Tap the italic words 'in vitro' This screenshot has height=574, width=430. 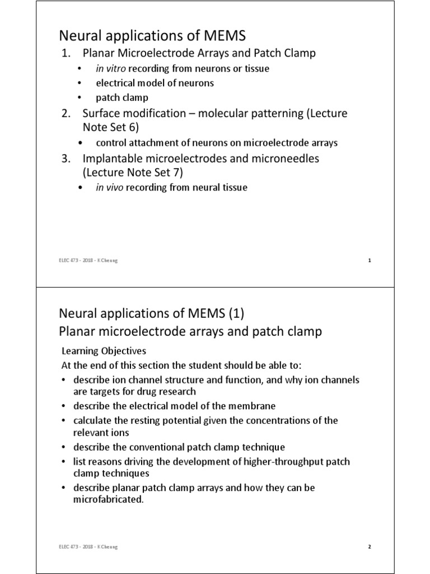[110, 68]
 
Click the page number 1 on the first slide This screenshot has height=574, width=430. [370, 260]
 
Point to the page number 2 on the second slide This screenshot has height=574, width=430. [370, 547]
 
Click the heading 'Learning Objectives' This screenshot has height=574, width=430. [103, 351]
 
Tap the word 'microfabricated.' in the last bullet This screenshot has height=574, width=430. [109, 499]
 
